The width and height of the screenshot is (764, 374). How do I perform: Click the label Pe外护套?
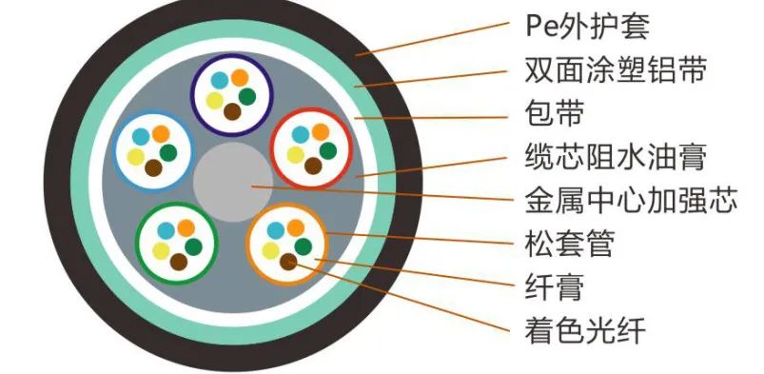[x=587, y=27]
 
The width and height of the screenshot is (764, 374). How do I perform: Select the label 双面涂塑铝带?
[x=616, y=70]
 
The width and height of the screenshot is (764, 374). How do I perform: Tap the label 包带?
[x=554, y=114]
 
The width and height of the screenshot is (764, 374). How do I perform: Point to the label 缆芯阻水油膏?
[x=616, y=158]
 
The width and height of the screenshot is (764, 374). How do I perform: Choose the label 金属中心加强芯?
[x=631, y=202]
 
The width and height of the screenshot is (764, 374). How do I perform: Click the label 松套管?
[x=569, y=245]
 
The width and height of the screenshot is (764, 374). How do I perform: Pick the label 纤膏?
[x=554, y=287]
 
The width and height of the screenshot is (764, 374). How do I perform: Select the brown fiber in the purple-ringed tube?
[x=231, y=112]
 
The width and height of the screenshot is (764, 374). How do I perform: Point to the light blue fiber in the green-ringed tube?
[x=167, y=229]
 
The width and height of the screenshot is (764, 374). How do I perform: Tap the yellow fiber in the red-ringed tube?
[x=294, y=150]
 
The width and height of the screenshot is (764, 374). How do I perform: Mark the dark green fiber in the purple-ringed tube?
[x=247, y=95]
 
